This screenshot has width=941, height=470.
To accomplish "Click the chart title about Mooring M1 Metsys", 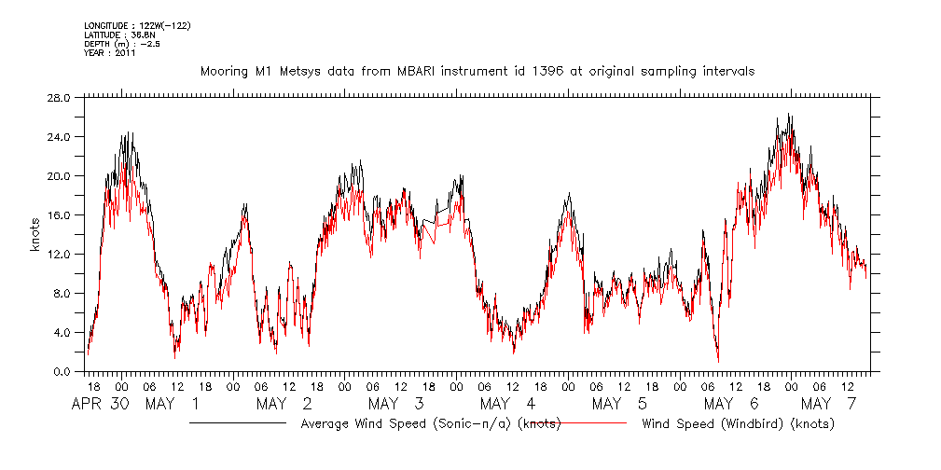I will pos(477,71).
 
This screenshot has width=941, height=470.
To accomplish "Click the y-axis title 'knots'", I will pos(35,234).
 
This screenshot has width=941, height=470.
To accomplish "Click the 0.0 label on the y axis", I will pos(62,371).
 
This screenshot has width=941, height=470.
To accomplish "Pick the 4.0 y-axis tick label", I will pos(62,332).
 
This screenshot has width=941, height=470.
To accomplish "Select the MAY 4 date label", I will pos(508,404).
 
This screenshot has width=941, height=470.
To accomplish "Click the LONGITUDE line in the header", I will pos(136,25).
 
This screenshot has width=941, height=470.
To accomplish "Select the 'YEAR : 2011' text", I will pos(110,53).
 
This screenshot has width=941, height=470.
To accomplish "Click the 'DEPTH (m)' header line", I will pos(121,44).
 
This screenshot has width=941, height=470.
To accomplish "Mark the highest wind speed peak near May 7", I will pos(789,115).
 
